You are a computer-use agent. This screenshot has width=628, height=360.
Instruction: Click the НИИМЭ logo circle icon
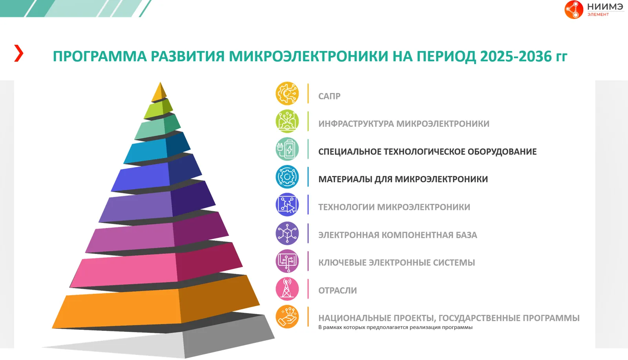(573, 9)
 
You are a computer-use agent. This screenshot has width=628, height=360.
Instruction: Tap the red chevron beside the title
(19, 53)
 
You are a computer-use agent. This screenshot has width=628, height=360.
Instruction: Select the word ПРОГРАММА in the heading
(100, 57)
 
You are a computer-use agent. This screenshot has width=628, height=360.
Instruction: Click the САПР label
(329, 96)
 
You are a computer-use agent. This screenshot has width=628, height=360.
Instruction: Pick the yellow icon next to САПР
(287, 93)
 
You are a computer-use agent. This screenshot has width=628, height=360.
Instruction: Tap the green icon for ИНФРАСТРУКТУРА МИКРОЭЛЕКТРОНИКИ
(287, 121)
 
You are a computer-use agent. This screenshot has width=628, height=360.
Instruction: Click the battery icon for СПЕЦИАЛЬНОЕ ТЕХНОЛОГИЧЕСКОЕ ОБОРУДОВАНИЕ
(287, 149)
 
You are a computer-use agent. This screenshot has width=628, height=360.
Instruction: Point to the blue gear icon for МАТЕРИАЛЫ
(287, 177)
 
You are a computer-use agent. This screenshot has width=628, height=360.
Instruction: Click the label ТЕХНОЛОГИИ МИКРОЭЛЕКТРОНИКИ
(394, 207)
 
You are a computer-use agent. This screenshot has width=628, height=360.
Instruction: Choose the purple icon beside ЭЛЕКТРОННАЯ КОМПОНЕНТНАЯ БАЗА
(287, 233)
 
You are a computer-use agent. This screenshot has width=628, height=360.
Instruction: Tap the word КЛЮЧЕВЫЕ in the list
(342, 262)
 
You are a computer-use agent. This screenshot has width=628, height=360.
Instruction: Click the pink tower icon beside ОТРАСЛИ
(287, 289)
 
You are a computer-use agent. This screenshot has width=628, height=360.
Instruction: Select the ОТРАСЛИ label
(338, 291)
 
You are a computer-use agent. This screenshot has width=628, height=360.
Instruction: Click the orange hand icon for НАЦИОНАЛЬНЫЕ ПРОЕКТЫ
(287, 316)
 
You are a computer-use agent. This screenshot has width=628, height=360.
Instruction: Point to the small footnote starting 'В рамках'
(395, 327)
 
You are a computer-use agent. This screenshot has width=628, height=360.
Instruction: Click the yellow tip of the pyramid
(160, 93)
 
